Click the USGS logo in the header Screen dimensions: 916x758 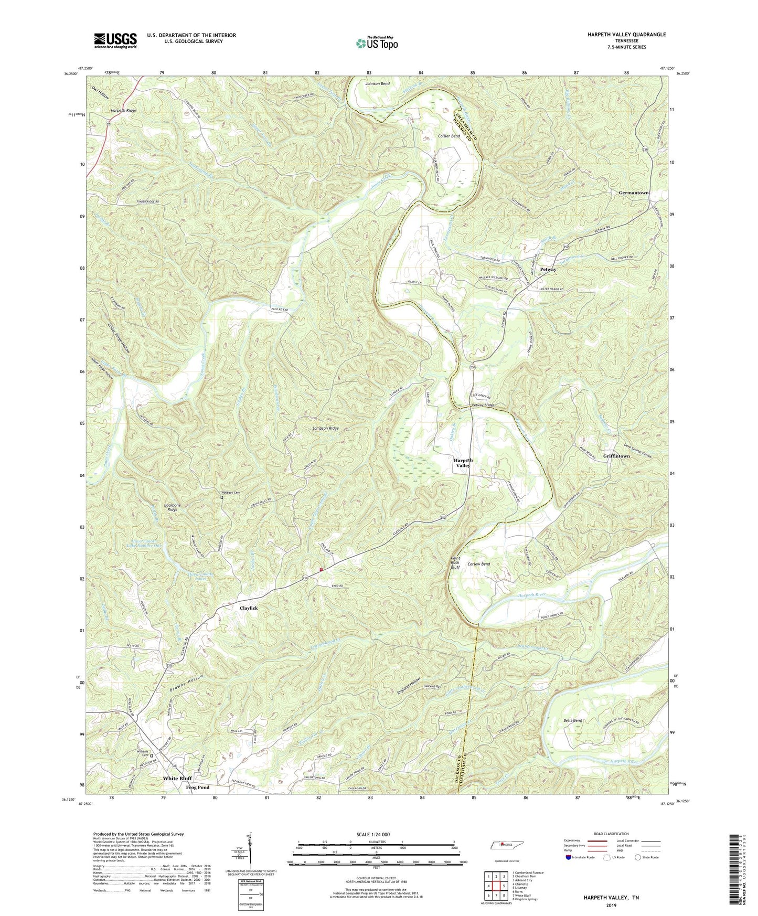[x=115, y=40]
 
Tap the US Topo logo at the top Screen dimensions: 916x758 [x=377, y=42]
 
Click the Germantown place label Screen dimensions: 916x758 [x=633, y=193]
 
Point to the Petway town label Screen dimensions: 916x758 [x=548, y=270]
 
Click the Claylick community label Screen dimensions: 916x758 [x=249, y=608]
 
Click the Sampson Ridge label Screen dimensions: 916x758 [x=323, y=428]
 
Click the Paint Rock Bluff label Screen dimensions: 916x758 [x=456, y=563]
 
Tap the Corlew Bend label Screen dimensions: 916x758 [x=478, y=564]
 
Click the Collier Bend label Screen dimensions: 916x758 [x=449, y=136]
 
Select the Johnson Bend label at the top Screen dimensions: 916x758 [x=377, y=83]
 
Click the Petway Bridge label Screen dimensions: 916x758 [x=483, y=405]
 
